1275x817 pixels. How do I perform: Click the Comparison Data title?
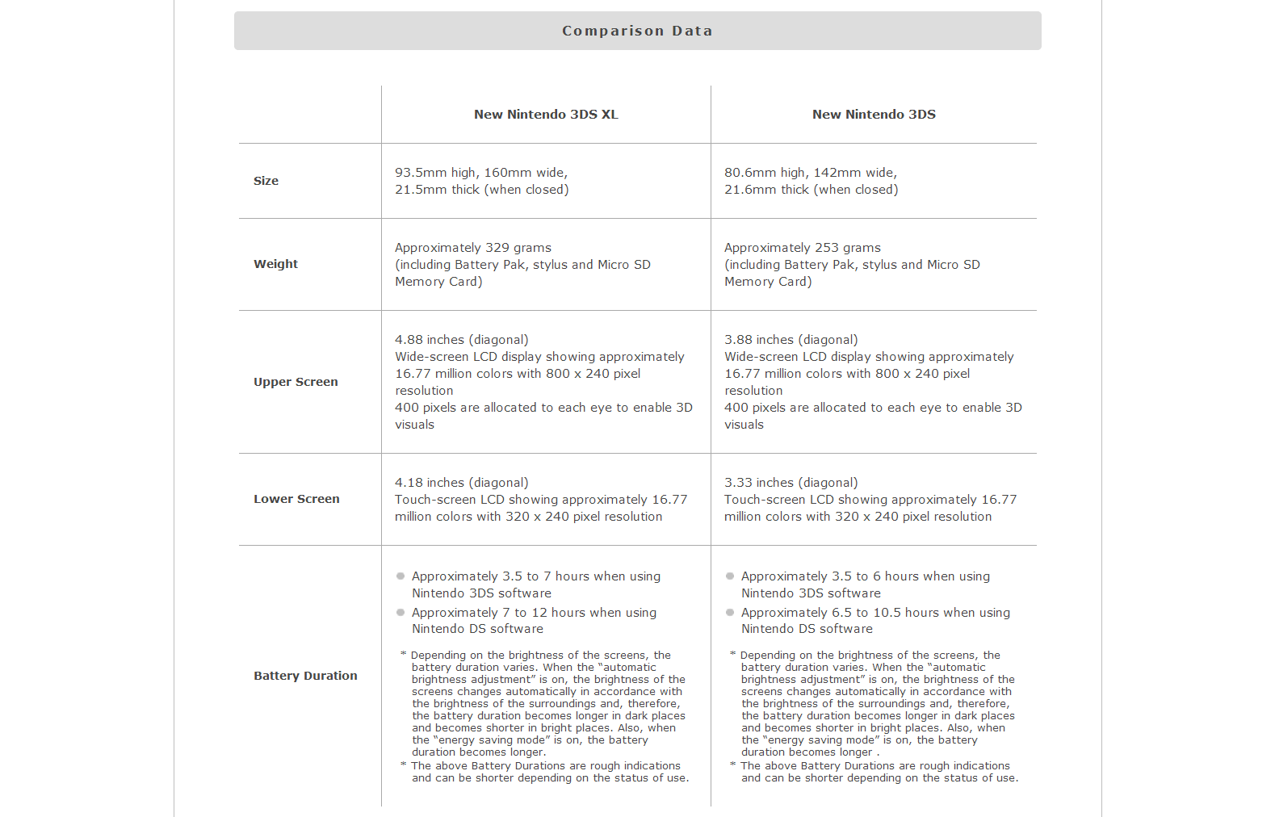(637, 31)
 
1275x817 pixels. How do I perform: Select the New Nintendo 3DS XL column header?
(546, 115)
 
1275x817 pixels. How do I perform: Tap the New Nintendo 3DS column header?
(874, 115)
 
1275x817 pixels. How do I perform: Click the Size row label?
(266, 181)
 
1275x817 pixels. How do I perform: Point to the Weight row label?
(275, 264)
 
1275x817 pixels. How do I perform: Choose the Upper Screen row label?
(296, 382)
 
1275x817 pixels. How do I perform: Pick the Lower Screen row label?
(296, 499)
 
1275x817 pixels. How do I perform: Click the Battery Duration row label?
(305, 676)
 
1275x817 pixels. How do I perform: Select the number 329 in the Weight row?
(497, 248)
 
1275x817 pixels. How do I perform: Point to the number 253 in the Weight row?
(827, 248)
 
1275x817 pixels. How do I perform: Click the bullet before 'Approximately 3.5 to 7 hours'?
(401, 576)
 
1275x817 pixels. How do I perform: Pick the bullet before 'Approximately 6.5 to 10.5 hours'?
(730, 613)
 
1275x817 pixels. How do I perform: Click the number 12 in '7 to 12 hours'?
(539, 613)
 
